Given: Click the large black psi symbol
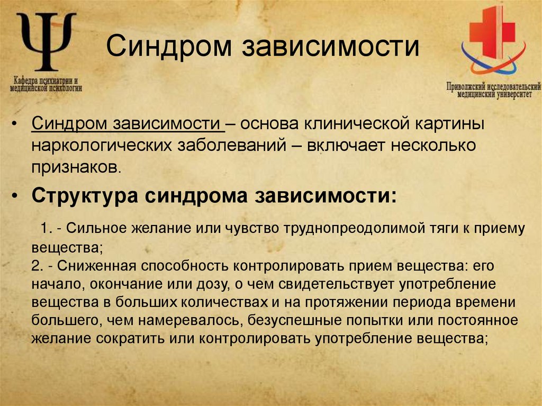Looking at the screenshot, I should pyautogui.click(x=47, y=42).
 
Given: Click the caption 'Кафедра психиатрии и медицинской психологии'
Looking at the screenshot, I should pyautogui.click(x=47, y=85).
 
